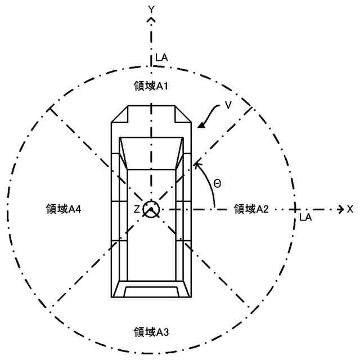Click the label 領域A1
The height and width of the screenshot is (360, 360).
[149, 87]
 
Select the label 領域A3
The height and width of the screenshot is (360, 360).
[149, 331]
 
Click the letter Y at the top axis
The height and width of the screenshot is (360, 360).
[151, 8]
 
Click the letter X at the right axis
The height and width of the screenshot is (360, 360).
[350, 209]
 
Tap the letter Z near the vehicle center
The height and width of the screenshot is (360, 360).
[136, 209]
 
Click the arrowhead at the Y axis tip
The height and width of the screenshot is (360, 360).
[151, 20]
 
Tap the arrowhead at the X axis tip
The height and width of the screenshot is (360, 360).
[340, 209]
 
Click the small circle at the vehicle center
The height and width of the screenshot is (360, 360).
[151, 209]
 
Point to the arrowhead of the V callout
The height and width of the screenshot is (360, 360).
[199, 125]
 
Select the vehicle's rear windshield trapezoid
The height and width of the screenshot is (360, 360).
[151, 290]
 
